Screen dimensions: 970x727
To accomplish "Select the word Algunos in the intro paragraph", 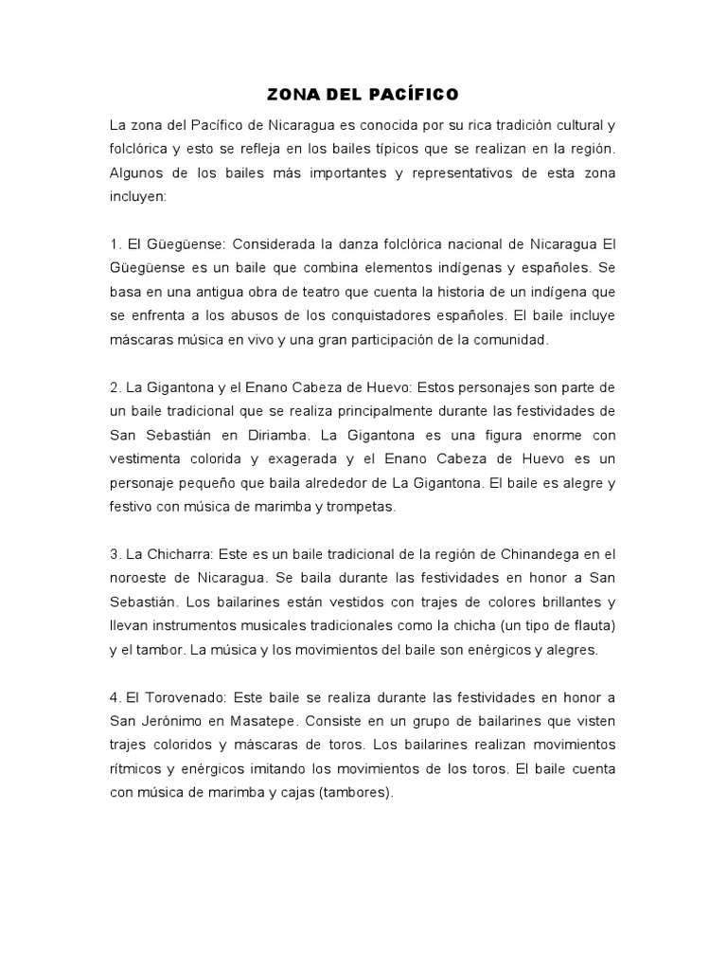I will (138, 173).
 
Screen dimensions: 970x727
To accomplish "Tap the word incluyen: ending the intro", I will (138, 197).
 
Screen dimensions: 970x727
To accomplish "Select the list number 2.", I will (115, 387).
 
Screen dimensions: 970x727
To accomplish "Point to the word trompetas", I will (361, 507).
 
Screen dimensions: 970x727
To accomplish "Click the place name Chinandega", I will (524, 554).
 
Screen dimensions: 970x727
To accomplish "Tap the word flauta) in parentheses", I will (590, 626).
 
